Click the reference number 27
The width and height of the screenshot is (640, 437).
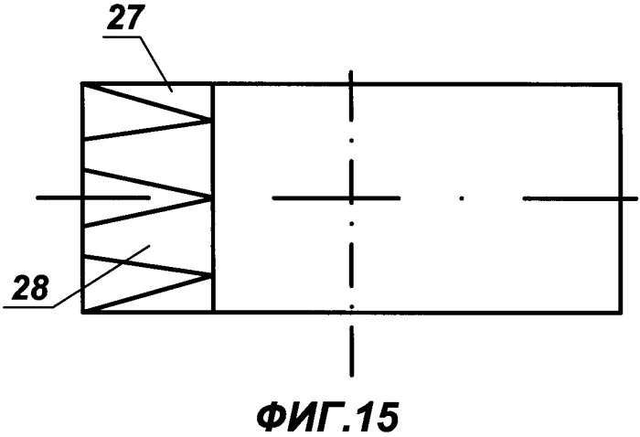point(126,17)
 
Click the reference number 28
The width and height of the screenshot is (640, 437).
point(30,287)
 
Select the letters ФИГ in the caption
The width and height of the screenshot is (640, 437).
point(301,418)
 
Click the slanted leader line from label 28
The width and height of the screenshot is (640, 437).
point(101,276)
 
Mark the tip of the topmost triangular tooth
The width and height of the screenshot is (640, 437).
point(211,121)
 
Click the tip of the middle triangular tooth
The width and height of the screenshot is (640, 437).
point(211,197)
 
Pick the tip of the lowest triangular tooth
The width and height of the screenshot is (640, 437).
point(211,276)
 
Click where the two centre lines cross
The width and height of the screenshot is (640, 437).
point(351,198)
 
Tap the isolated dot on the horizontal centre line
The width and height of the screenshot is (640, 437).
point(462,198)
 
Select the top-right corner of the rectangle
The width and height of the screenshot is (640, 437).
point(621,84)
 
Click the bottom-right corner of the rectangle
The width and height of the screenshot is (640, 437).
point(621,313)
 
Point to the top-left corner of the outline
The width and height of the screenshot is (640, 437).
point(82,84)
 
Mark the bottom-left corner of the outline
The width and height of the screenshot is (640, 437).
point(82,313)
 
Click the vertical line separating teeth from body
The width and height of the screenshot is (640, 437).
point(213,198)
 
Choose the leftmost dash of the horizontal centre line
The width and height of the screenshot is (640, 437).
point(93,197)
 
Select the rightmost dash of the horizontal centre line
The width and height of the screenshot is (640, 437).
point(580,198)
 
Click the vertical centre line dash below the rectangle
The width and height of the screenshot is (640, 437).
point(351,354)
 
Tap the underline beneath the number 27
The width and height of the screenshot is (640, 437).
point(121,37)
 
